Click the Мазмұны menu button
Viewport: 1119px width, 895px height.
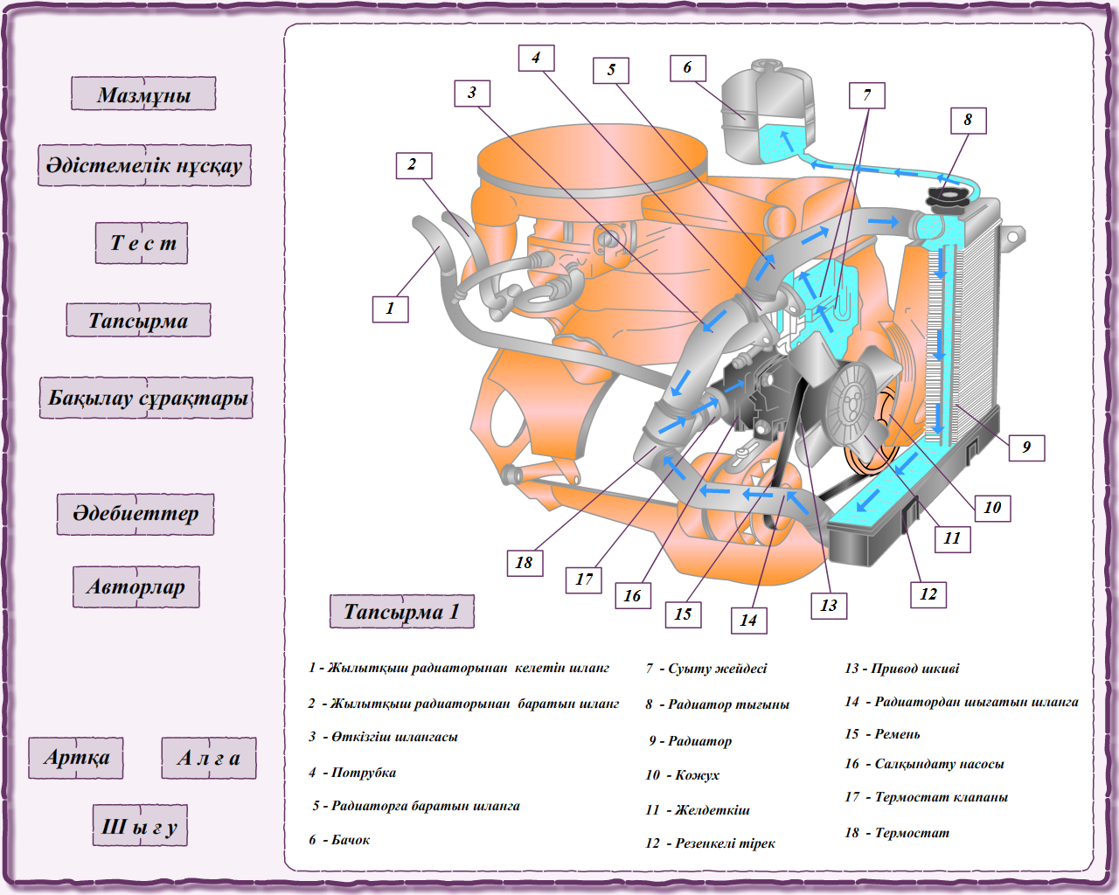click(143, 94)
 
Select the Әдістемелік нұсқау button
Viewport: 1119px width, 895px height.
click(144, 165)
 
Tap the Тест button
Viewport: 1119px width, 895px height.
click(142, 243)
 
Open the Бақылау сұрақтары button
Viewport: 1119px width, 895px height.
click(146, 398)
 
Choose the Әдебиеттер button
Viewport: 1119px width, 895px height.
click(136, 514)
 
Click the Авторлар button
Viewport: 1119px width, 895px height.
click(136, 586)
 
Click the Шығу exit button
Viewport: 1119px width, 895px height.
click(140, 826)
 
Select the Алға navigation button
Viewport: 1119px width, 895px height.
click(209, 758)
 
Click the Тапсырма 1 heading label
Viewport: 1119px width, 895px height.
click(401, 611)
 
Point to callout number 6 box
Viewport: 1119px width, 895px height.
click(688, 68)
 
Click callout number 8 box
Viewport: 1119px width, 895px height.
click(968, 121)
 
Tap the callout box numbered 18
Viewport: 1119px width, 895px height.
click(525, 563)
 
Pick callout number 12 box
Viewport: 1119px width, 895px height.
click(928, 594)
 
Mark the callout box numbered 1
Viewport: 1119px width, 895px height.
click(390, 309)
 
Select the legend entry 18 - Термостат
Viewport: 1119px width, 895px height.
click(897, 833)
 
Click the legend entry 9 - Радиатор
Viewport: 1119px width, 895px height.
click(690, 741)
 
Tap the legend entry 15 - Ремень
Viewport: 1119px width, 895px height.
click(882, 734)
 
